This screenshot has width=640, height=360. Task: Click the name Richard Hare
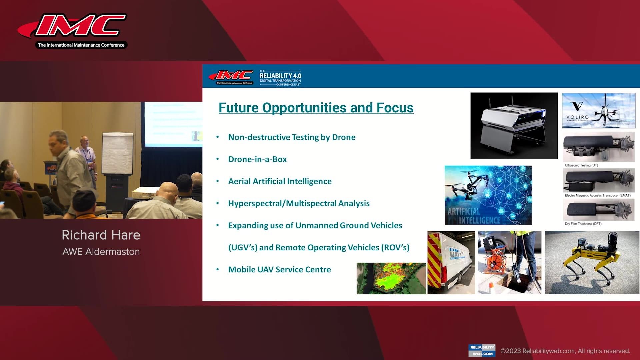(x=101, y=235)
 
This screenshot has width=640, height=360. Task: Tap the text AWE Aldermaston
(x=101, y=252)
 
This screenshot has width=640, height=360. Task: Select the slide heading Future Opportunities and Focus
(x=316, y=108)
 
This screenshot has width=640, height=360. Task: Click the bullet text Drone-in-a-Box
(x=257, y=159)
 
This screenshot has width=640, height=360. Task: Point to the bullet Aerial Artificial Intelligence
(x=280, y=181)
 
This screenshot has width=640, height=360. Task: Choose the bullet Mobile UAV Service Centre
(x=279, y=270)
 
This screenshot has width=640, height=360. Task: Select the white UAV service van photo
(x=451, y=263)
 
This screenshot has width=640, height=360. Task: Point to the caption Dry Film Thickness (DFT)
(x=583, y=224)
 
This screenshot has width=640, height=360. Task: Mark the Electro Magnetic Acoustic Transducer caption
(x=597, y=195)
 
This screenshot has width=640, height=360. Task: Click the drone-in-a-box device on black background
(x=514, y=126)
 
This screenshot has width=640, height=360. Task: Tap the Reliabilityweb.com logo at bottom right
(x=482, y=350)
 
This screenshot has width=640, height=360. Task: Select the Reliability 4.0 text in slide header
(x=280, y=76)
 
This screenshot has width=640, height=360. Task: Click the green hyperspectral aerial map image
(x=391, y=278)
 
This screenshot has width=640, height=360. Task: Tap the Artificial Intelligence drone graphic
(x=488, y=195)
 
